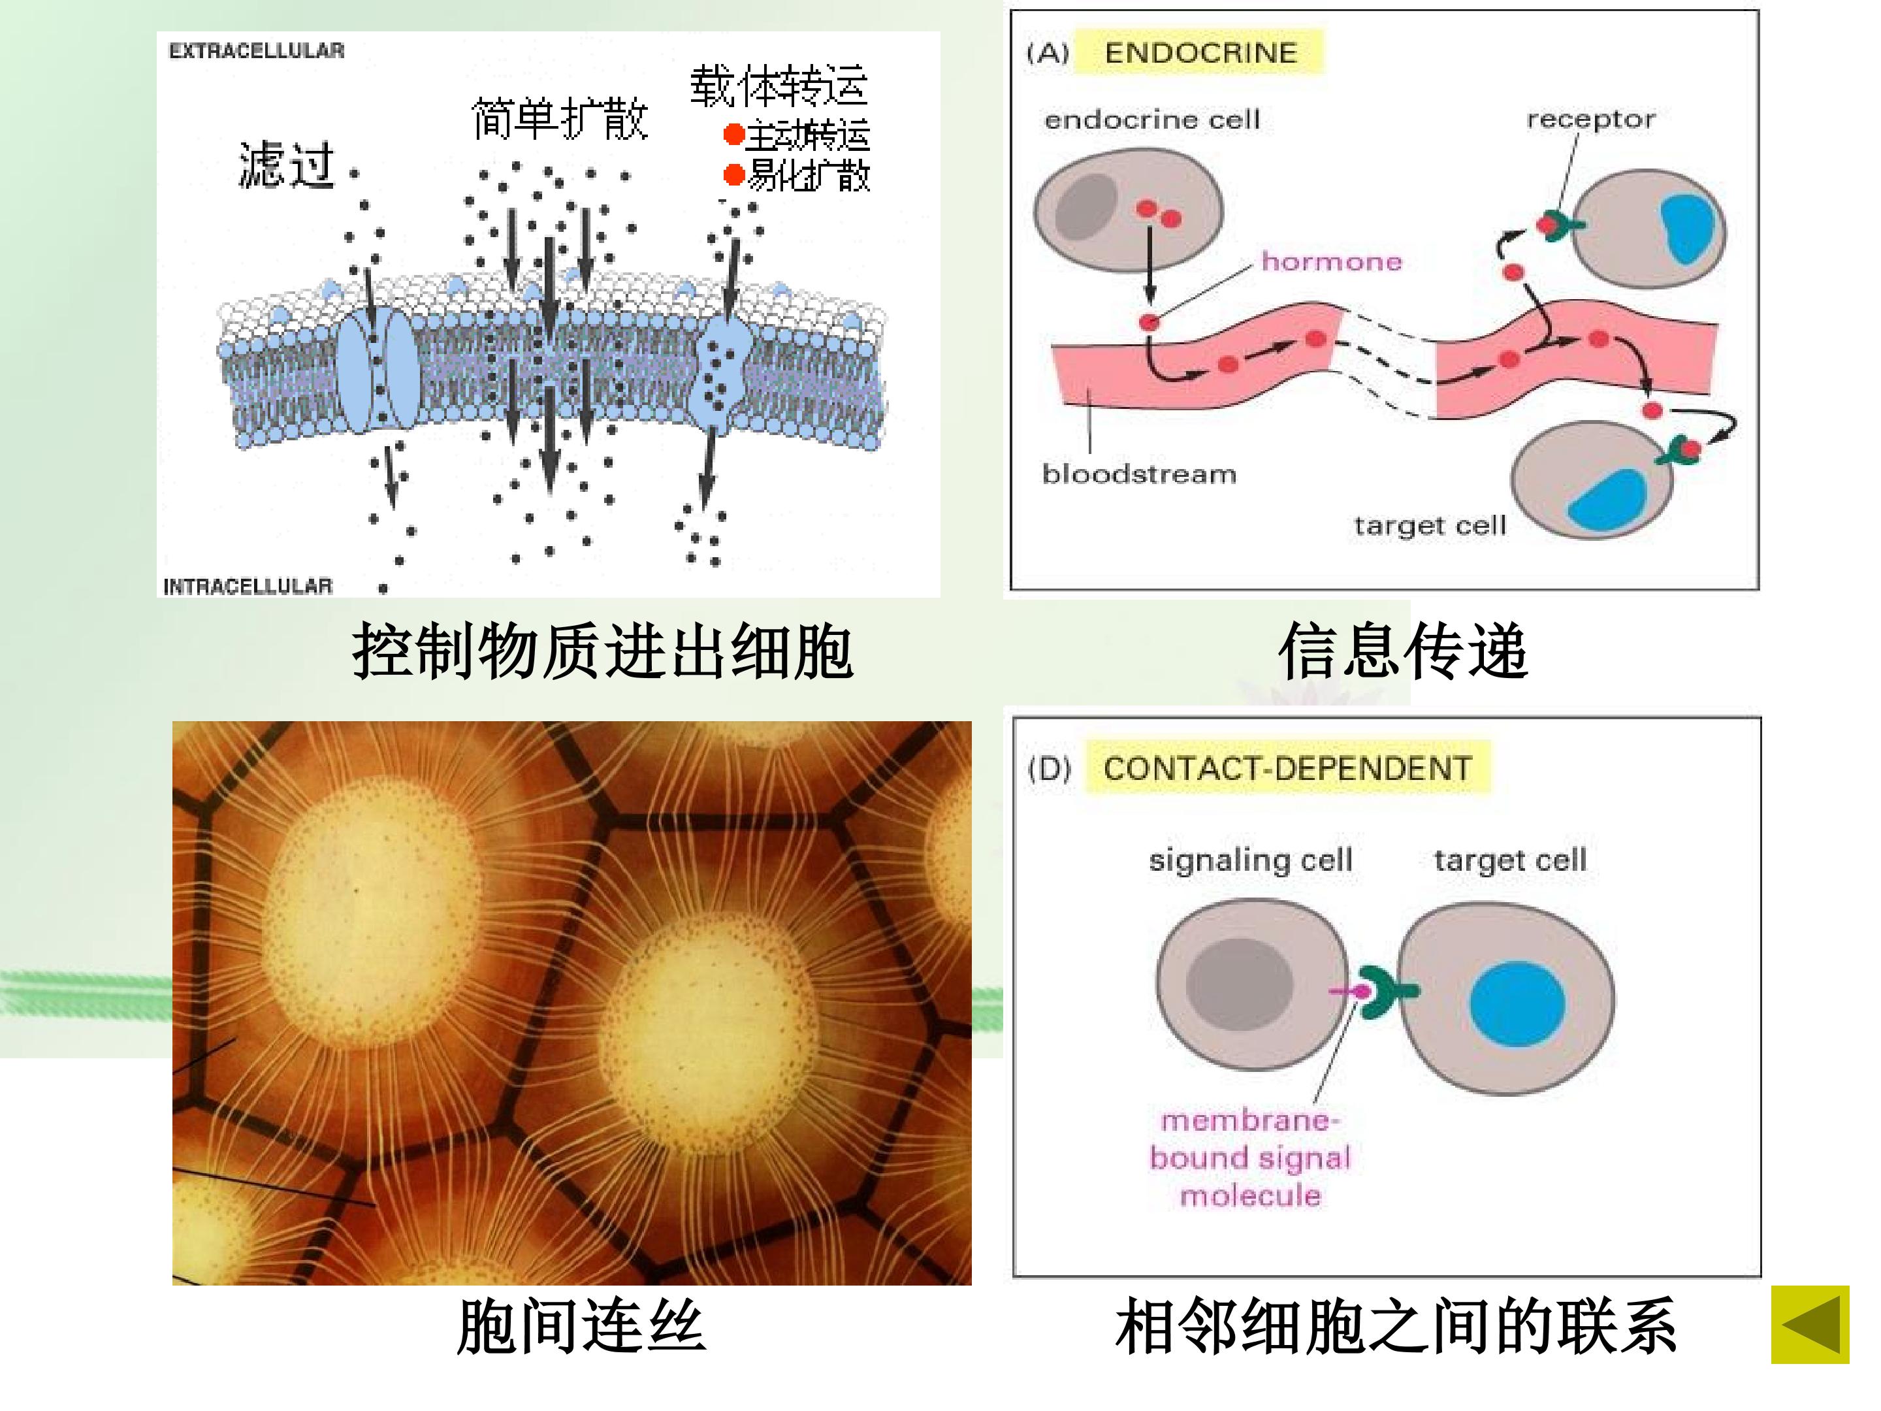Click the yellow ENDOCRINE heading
1200,53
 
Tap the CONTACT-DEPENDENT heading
1287,769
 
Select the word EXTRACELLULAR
257,51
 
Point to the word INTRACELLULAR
248,586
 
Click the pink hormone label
1332,261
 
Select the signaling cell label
1250,860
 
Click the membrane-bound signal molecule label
1250,1158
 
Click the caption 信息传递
1402,651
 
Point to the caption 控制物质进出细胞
602,651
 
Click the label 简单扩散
560,118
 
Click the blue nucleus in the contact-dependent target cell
1517,1003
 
